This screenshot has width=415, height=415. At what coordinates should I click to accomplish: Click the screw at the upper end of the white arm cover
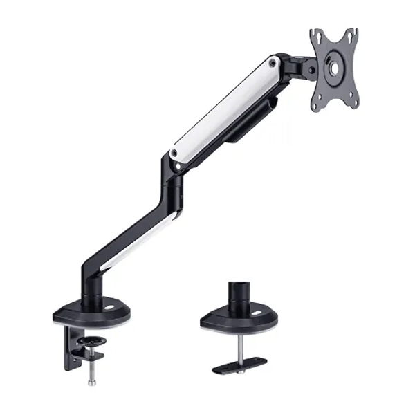275,64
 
